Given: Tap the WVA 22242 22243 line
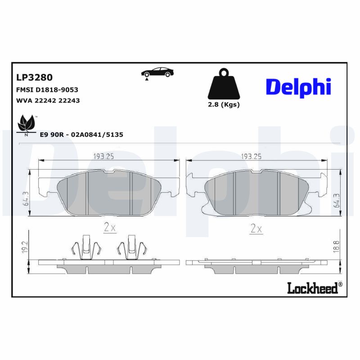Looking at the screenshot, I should (x=48, y=101).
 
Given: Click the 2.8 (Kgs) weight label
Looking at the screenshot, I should (x=223, y=104).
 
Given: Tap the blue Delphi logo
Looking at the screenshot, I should (x=298, y=86).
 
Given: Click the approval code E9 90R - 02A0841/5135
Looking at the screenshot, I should (x=81, y=135).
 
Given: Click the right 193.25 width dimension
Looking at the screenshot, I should (x=252, y=156).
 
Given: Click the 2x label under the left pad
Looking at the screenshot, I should (x=110, y=228).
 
